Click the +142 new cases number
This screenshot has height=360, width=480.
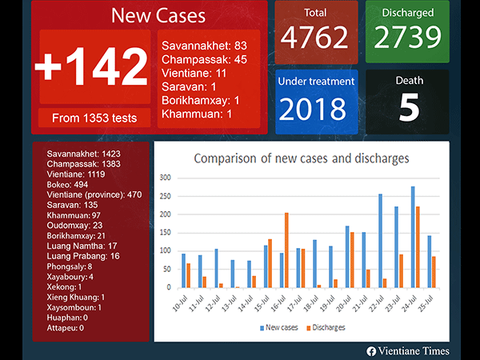pos(91,67)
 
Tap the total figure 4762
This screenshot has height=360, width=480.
pos(314,37)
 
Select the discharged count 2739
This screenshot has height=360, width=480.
pos(407,37)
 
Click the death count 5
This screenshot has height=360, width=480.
pos(408,109)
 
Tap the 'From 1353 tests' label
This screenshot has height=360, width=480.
pos(94,118)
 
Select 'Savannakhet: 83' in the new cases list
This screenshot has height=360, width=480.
pos(204,46)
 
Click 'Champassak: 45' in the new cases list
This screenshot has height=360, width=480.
pos(203,59)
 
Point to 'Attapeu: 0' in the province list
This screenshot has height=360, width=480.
pos(66,328)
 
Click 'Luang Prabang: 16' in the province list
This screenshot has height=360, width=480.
pos(83,256)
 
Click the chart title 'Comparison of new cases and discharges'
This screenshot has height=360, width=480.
pos(301,158)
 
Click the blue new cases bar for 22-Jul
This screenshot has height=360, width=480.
pos(380,240)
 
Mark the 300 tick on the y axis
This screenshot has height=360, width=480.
pos(166,178)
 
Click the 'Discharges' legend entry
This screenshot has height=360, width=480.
pos(326,328)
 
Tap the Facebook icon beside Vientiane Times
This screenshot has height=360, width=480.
pos(371,350)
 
